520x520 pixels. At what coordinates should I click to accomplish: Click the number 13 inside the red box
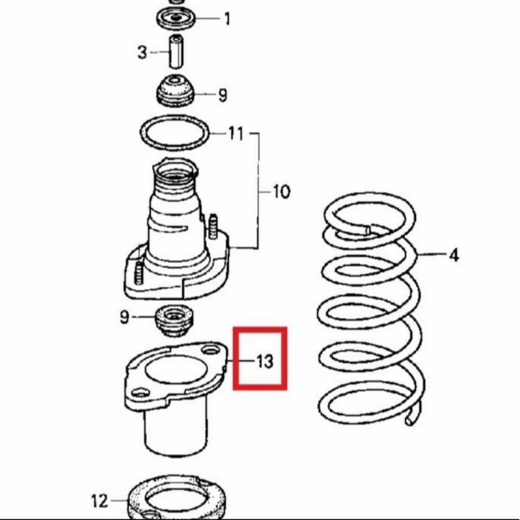[264, 361]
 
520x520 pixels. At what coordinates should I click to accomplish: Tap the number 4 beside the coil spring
[453, 254]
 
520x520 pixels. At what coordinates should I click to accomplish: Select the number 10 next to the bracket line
[281, 192]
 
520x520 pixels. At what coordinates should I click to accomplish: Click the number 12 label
[100, 500]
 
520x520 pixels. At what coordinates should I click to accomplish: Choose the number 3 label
[143, 52]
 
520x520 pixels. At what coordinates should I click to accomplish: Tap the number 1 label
[226, 19]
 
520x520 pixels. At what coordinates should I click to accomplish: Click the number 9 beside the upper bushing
[223, 96]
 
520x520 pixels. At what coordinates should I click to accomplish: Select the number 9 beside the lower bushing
[124, 318]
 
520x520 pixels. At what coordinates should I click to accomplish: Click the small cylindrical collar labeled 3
[176, 52]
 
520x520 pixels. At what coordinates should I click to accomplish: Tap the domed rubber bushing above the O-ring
[176, 91]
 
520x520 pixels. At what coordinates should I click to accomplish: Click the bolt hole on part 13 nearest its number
[210, 351]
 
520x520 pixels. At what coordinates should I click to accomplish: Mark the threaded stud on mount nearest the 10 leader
[213, 225]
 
